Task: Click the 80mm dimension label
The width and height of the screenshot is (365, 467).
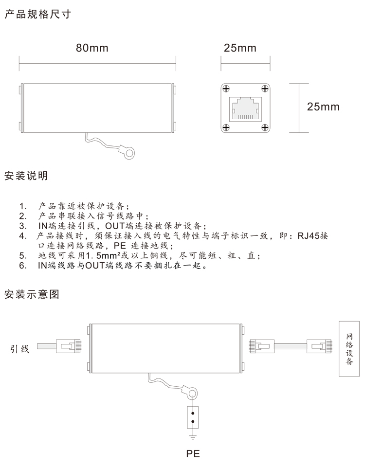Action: pos(92,48)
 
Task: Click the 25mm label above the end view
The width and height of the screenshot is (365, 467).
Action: pos(240,48)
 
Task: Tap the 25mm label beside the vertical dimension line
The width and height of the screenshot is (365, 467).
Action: pos(323,107)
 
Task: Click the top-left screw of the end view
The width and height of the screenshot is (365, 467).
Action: pos(226,89)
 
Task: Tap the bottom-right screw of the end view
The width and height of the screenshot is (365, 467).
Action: pos(265,128)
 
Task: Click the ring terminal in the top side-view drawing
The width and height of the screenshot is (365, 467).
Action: pos(129,153)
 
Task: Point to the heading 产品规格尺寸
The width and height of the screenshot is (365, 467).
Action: pos(38,14)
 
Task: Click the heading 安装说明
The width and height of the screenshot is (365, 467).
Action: pos(26,176)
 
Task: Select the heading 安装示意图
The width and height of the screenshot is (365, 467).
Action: pos(32,294)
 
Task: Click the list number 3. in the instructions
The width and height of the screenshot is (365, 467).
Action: pos(23,226)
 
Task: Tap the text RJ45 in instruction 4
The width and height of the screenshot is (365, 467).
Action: pos(308,236)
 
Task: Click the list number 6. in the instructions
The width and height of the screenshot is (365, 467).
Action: pos(23,266)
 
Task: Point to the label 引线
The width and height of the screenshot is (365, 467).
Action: pos(20,349)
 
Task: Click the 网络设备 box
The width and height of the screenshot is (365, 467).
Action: pos(349,349)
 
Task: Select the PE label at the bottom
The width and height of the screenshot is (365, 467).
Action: pos(193,453)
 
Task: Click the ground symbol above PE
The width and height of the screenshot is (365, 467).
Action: pos(193,437)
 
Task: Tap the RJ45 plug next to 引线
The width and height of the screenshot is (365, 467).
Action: pos(69,346)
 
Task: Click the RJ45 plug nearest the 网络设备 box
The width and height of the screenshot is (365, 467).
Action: pos(319,346)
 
